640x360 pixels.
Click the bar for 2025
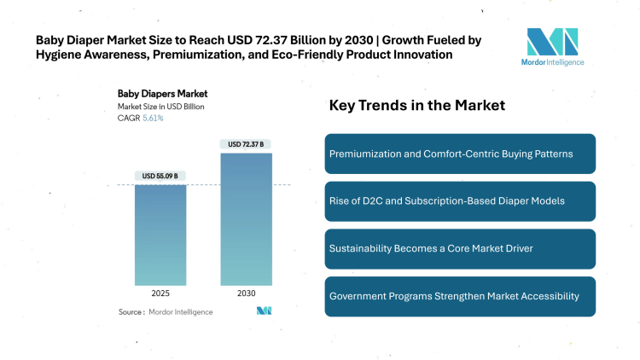(160, 235)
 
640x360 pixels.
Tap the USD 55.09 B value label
(160, 176)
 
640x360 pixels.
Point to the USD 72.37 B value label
(247, 144)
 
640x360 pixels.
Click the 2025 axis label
(160, 293)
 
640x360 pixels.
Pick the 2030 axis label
(247, 293)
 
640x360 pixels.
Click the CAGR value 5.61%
(152, 118)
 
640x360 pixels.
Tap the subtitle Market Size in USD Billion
(160, 107)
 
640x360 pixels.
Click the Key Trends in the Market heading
(417, 106)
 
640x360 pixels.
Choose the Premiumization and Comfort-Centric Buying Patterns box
(460, 154)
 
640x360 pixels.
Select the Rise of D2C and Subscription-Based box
(460, 200)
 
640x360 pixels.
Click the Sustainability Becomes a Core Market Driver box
(460, 248)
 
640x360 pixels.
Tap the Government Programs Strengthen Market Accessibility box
(460, 295)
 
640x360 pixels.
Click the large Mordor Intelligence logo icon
(552, 43)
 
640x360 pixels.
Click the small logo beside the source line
(264, 311)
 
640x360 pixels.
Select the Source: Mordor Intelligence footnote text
(166, 312)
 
